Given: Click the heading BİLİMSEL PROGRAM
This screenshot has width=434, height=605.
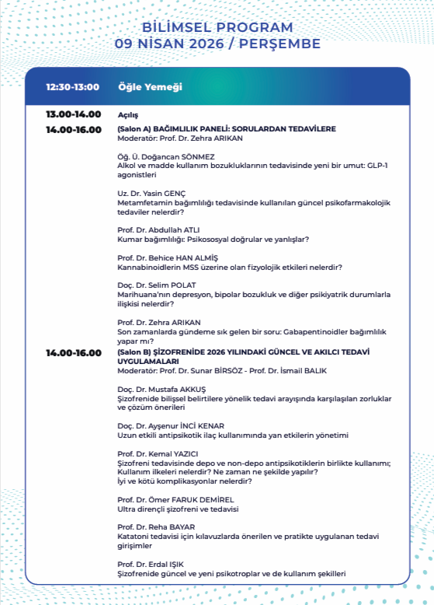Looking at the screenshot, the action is click(217, 28).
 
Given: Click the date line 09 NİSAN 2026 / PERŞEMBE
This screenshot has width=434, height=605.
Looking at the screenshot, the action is click(217, 44).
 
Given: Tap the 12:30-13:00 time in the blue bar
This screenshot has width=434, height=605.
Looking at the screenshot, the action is click(72, 87).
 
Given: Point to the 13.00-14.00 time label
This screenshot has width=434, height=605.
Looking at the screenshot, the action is click(73, 115).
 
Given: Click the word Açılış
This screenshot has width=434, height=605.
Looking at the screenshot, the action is click(127, 115).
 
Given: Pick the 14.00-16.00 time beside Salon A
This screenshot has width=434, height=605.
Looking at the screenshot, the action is click(73, 129).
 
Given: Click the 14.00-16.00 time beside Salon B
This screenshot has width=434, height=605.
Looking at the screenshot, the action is click(73, 353).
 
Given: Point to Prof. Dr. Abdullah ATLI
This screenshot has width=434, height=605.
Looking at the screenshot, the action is click(158, 229).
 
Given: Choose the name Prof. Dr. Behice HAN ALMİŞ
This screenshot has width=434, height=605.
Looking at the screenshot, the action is click(168, 257).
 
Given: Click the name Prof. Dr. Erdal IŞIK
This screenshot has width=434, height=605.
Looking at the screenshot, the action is click(150, 563).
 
